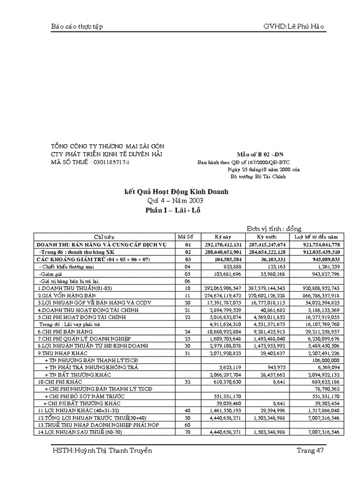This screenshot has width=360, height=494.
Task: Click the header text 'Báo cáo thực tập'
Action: point(77,26)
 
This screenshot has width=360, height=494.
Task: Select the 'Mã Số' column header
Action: point(185,237)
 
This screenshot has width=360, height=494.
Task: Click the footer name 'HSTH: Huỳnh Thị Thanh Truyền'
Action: point(102,451)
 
